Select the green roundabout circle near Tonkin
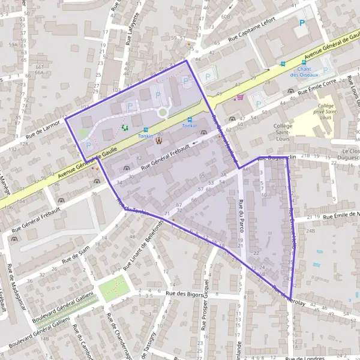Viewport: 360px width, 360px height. point(162,112)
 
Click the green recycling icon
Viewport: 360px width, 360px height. point(125,127)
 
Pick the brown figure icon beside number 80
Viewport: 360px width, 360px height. point(159,142)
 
